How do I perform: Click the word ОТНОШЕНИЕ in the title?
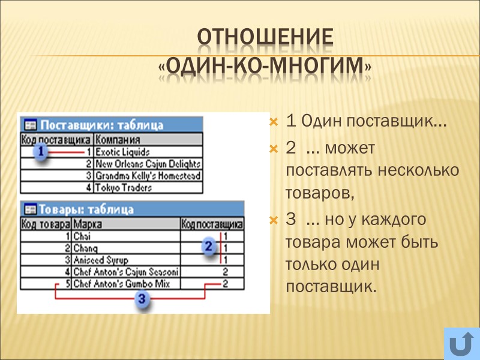pos(265,37)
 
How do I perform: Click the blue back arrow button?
pos(461,344)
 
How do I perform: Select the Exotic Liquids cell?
pos(123,152)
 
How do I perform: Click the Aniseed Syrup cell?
pos(97,260)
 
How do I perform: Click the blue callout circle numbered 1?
pos(40,152)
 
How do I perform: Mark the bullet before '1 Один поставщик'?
pos(274,122)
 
